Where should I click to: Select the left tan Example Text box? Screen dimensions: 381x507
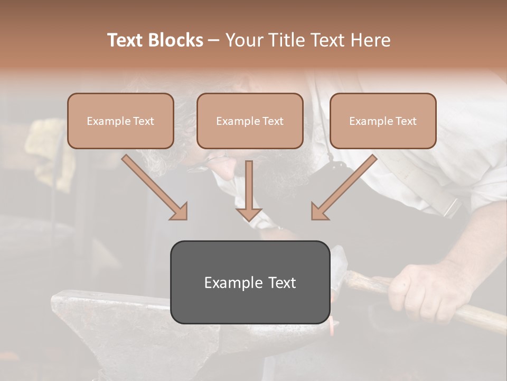120,121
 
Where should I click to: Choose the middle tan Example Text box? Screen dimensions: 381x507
250,121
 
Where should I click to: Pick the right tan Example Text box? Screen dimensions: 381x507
383,121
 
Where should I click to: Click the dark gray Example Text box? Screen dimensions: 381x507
250,282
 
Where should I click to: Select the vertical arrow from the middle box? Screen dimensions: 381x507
249,190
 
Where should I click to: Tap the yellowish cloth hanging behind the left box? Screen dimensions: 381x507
45,143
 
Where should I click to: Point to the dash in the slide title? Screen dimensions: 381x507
214,40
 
